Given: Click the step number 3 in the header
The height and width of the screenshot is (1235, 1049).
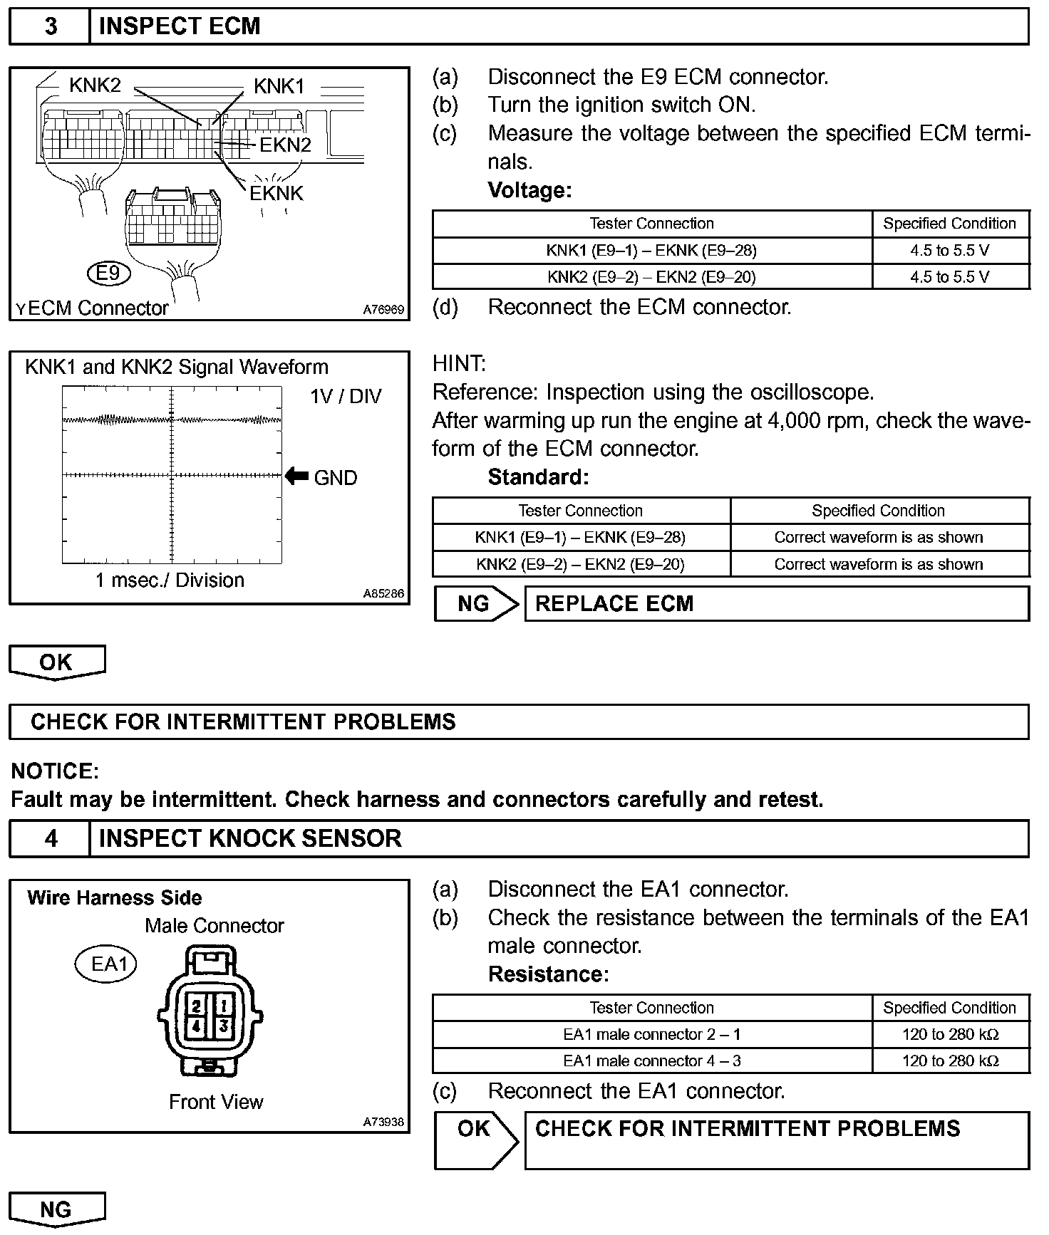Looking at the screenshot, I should (51, 26).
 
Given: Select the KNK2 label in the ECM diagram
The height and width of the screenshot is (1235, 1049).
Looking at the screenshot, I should (95, 85).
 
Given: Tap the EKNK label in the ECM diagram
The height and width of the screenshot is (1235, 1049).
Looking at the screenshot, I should (277, 193).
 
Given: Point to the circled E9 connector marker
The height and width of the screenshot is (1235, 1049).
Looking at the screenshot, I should (108, 273).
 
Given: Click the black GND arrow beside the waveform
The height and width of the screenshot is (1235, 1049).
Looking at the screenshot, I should (296, 476).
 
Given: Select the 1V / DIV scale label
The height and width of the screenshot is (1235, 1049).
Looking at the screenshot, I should (346, 396).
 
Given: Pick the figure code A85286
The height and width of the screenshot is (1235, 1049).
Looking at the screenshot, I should (383, 593).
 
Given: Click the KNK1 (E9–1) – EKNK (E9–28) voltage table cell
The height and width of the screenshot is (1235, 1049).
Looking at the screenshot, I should (651, 250).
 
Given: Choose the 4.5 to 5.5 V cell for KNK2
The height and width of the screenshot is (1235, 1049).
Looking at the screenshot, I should (949, 277).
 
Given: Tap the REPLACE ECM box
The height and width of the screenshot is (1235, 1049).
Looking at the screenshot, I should (776, 604).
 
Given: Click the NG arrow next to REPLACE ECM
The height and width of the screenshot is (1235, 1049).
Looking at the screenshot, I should (476, 604).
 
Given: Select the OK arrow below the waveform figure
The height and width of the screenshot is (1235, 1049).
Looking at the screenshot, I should (56, 662).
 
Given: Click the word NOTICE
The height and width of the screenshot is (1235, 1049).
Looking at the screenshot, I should (55, 771).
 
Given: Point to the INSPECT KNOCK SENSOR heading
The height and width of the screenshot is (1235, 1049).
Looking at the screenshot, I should (250, 838).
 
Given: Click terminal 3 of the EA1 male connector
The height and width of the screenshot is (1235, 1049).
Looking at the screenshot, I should (223, 1026).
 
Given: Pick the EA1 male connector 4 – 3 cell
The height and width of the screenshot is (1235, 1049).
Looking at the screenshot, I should (651, 1061).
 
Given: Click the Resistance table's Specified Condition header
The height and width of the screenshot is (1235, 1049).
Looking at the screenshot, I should (949, 1008).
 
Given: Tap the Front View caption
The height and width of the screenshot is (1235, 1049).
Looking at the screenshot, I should (216, 1102).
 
